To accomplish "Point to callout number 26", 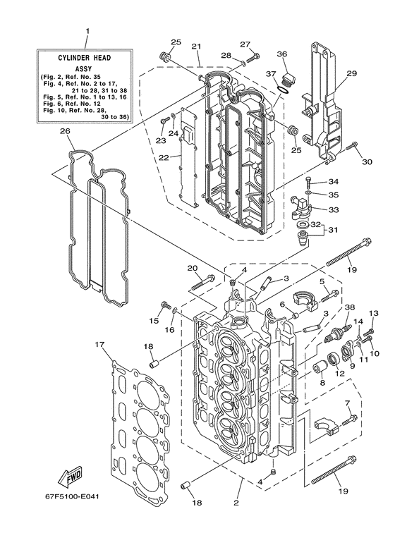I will [65, 131].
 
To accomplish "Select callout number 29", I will [351, 73].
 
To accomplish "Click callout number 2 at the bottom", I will [236, 503].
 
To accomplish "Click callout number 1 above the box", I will [87, 31].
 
